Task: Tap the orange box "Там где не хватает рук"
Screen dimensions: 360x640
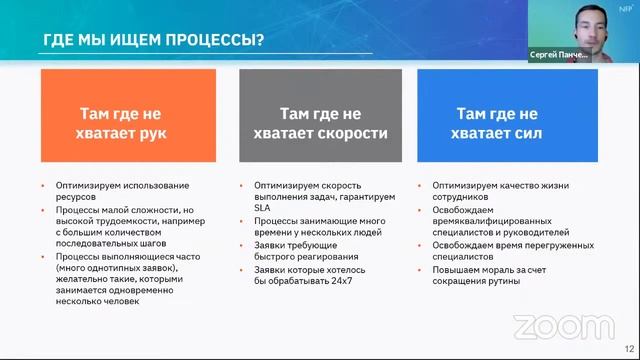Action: (x=128, y=116)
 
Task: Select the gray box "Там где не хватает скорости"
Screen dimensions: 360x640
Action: (x=320, y=116)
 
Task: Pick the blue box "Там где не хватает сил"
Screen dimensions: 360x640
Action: (x=507, y=116)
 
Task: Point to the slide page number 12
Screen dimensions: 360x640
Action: (x=628, y=350)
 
